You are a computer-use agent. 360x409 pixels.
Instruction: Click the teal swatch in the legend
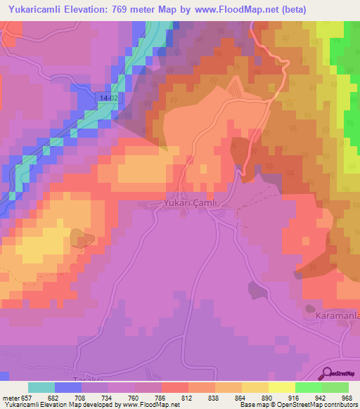[41, 387]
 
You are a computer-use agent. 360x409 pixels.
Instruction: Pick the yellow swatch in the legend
[282, 387]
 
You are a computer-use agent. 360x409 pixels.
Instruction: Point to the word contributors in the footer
[340, 405]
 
